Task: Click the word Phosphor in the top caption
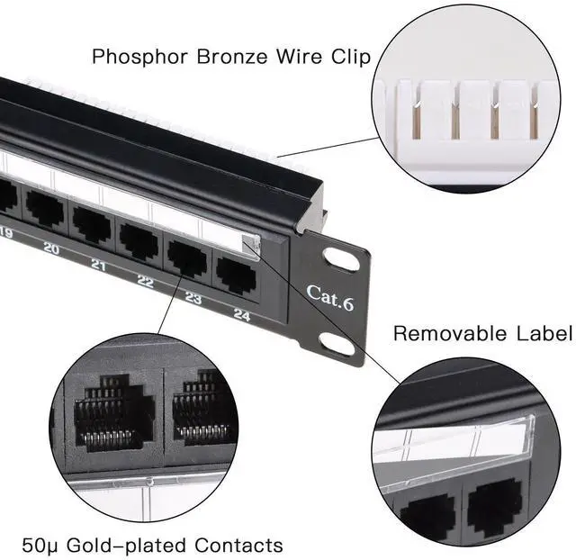pyautogui.click(x=139, y=57)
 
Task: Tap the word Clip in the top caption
pyautogui.click(x=348, y=57)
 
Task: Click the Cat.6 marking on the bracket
pyautogui.click(x=330, y=295)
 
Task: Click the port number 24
pyautogui.click(x=240, y=314)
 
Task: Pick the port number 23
pyautogui.click(x=193, y=298)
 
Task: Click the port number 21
pyautogui.click(x=98, y=266)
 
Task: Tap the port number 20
pyautogui.click(x=51, y=249)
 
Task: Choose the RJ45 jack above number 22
pyautogui.click(x=139, y=240)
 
